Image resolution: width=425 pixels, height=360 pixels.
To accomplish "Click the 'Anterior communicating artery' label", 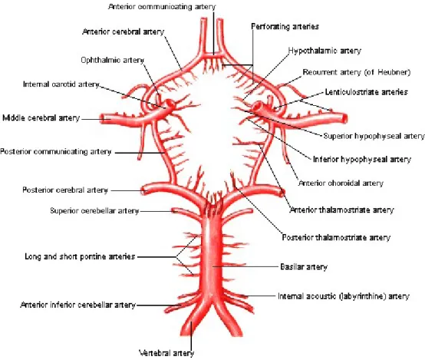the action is [162, 7].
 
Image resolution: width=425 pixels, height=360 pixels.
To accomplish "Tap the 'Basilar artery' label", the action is [304, 267].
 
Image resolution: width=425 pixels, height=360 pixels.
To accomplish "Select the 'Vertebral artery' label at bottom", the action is [166, 353].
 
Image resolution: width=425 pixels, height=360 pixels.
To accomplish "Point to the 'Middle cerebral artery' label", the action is [41, 118].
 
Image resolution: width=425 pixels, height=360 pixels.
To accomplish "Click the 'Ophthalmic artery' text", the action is [113, 60].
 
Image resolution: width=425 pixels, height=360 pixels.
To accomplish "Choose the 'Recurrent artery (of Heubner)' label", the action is [357, 72].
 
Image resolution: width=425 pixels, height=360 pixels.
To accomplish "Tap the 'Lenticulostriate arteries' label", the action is [367, 92].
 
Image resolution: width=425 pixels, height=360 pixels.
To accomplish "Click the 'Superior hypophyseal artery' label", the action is [374, 136].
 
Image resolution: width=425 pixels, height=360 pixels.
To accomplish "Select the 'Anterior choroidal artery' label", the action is [341, 183].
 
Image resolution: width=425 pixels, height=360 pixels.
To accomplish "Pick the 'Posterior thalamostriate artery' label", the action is [336, 237].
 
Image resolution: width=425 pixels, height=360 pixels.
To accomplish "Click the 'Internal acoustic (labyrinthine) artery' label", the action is [344, 296].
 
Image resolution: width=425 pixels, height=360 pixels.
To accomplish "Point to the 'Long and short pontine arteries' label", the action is [80, 256].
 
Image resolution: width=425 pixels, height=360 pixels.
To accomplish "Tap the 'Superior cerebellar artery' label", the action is [94, 210].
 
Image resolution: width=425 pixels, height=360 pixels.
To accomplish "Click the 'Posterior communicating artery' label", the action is [56, 151].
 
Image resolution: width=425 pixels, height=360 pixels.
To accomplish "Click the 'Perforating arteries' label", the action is [285, 27].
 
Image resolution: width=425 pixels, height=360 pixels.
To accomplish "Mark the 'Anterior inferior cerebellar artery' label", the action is [78, 305].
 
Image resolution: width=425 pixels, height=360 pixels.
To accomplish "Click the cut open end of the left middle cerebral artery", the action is [104, 118].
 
